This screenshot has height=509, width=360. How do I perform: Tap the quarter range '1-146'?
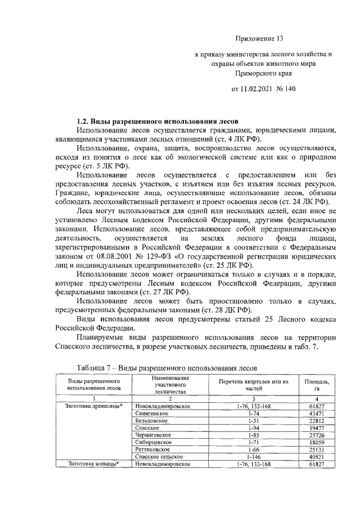254,457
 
